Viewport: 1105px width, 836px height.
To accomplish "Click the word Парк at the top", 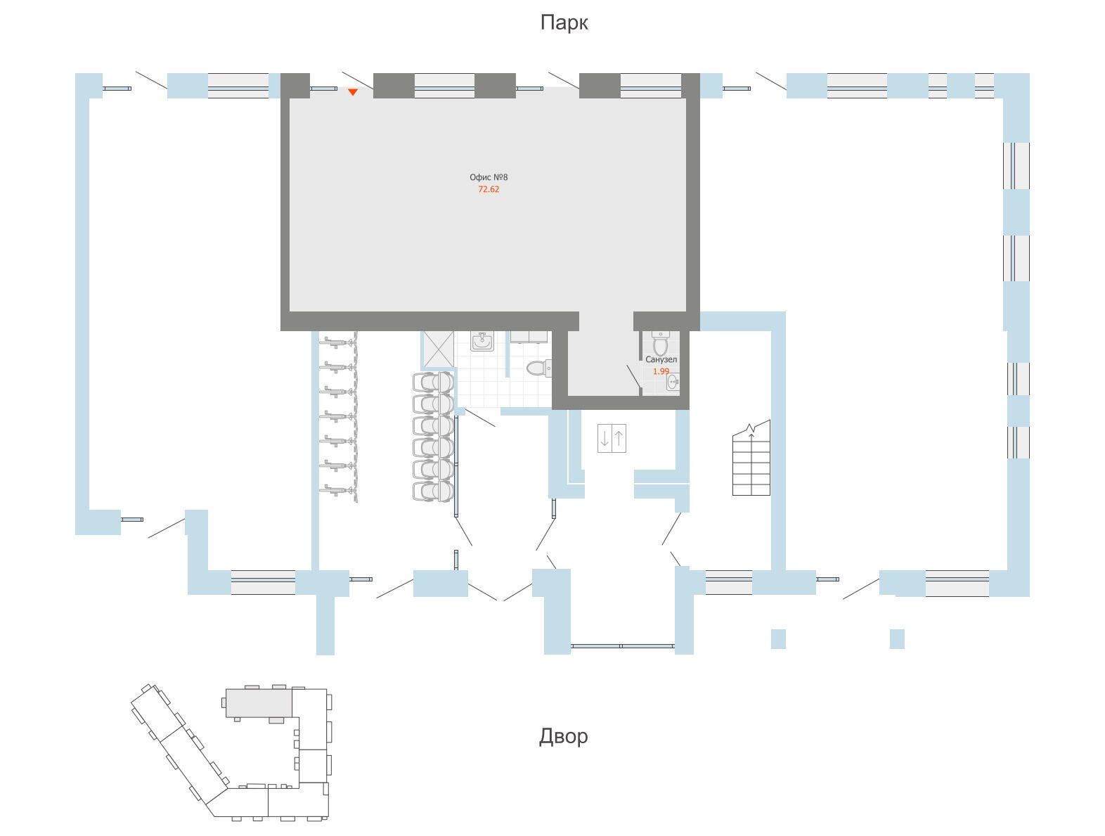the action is (x=564, y=22).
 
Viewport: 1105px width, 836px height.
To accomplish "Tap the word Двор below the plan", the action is (x=563, y=736).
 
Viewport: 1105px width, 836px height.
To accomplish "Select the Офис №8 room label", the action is (x=489, y=177).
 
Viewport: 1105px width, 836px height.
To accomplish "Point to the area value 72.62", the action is (x=489, y=189).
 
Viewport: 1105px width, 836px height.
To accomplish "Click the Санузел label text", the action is (x=661, y=359).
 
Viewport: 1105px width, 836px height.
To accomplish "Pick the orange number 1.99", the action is (x=661, y=371).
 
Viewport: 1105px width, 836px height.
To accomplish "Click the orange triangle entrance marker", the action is (x=353, y=92).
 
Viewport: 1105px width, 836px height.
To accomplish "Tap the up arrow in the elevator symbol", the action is (x=619, y=438).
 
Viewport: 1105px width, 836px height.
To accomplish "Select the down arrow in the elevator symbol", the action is (x=605, y=438).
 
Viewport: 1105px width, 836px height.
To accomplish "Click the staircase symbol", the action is (x=751, y=458).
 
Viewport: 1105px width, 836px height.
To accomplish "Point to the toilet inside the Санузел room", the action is (x=659, y=343).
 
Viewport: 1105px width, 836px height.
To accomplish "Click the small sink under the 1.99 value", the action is (x=673, y=382).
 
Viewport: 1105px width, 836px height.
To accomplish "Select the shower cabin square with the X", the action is (x=439, y=349).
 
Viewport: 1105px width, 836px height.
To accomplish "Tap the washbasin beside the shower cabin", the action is (x=482, y=341).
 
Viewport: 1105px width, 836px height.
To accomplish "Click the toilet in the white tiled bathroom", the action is (x=538, y=368).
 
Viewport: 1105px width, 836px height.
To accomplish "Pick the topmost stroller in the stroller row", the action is (x=433, y=382).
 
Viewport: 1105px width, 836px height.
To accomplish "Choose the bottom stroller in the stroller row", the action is (x=433, y=491).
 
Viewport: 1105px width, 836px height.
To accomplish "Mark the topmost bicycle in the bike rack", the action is (x=338, y=342).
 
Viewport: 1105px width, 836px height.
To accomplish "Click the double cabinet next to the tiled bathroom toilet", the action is (x=529, y=337).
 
